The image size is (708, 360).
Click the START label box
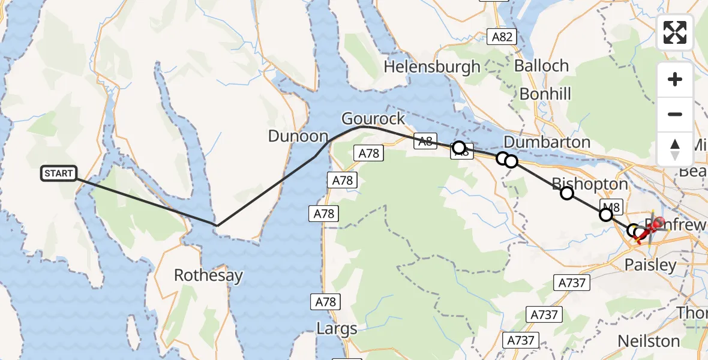59,174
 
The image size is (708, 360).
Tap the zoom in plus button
675,80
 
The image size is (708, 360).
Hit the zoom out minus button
675,114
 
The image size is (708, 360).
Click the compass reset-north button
675,149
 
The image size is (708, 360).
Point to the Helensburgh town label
432,66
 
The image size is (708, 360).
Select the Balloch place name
541,65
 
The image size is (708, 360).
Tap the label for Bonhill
545,94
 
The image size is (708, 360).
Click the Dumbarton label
547,142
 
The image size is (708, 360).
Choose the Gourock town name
373,117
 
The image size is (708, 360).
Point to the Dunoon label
298,136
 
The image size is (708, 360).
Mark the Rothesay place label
208,275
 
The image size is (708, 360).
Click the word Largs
337,329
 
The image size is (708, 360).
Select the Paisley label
650,265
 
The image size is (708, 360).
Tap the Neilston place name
649,341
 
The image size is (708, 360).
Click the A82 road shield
502,37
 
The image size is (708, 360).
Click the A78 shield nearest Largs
326,302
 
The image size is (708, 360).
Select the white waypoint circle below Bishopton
566,193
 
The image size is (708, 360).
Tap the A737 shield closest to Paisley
571,282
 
